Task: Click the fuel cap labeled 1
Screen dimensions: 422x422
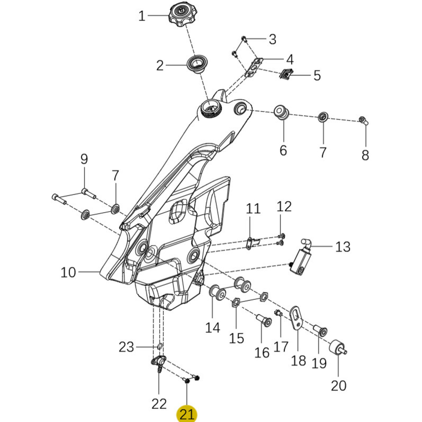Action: [x=180, y=15]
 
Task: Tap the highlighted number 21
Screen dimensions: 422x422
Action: [x=187, y=414]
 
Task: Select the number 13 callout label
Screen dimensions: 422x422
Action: [x=343, y=247]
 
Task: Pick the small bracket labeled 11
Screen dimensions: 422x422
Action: [x=251, y=243]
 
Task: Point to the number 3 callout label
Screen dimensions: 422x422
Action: [x=273, y=39]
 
